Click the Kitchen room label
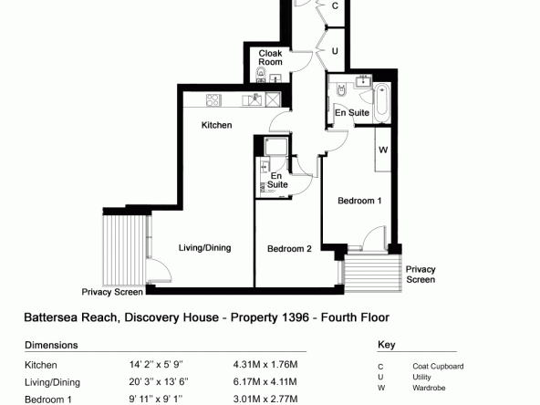pos(216,125)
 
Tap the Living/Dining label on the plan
pos(204,247)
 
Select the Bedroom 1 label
pos(359,201)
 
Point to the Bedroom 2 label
pos(289,249)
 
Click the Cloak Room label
pos(270,57)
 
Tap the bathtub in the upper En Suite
pos(382,102)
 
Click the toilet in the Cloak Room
pos(261,73)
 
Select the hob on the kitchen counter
pos(213,100)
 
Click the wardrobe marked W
pos(383,150)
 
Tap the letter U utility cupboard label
pos(335,51)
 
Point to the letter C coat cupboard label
pos(335,5)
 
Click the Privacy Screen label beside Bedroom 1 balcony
pos(421,275)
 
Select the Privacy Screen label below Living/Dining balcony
pos(112,292)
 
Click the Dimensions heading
pos(51,345)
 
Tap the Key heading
pos(387,345)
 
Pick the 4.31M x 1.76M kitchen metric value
pos(265,364)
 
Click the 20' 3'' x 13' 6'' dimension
pos(159,382)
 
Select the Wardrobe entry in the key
pos(429,388)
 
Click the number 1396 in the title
pos(296,317)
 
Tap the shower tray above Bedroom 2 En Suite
pos(275,146)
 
